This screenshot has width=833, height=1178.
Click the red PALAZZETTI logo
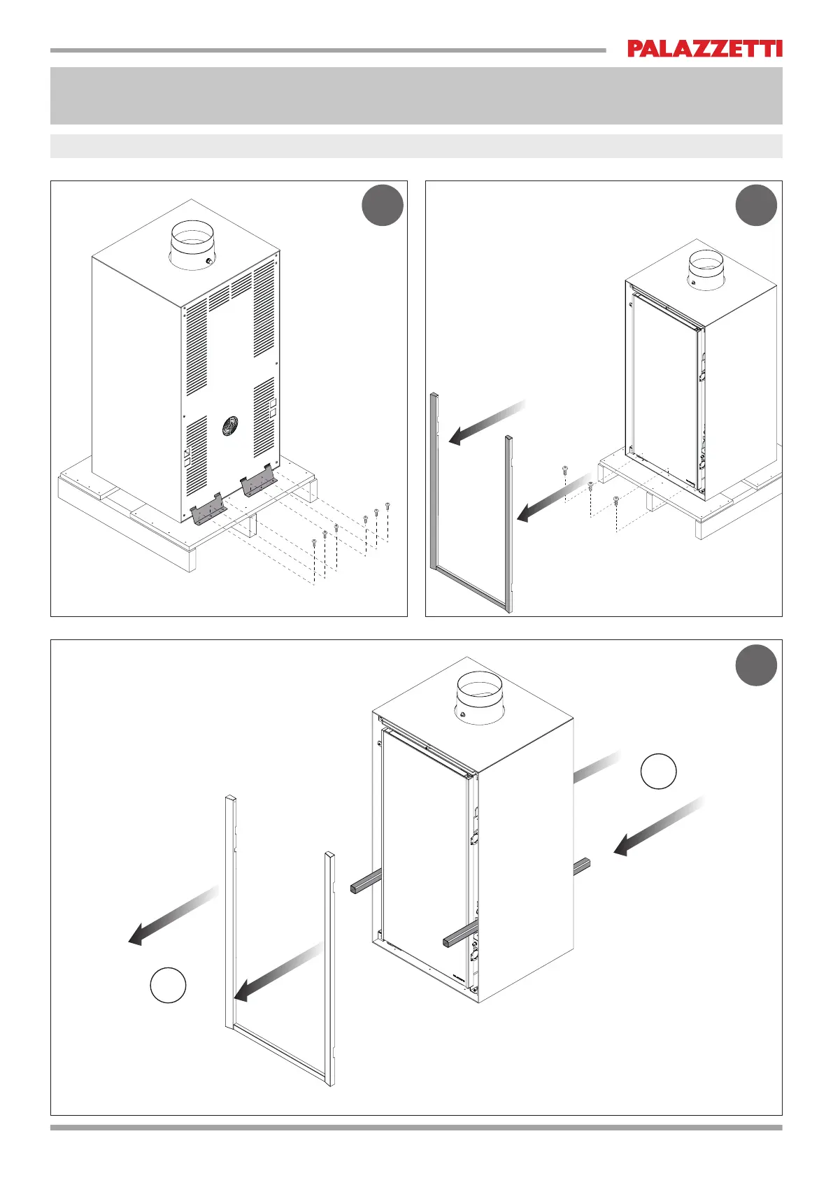pyautogui.click(x=705, y=48)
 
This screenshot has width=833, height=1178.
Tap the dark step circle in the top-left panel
pyautogui.click(x=383, y=205)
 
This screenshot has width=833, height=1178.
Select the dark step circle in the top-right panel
pyautogui.click(x=755, y=205)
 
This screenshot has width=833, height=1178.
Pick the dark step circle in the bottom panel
pyautogui.click(x=755, y=665)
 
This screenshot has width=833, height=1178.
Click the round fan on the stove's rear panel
pyautogui.click(x=230, y=425)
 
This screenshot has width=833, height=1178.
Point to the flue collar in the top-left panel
pyautogui.click(x=192, y=245)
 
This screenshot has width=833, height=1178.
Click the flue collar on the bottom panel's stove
pyautogui.click(x=480, y=698)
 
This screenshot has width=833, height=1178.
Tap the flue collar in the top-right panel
pyautogui.click(x=707, y=269)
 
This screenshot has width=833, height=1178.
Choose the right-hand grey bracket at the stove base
pyautogui.click(x=258, y=480)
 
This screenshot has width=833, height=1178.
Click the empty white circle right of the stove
pyautogui.click(x=658, y=771)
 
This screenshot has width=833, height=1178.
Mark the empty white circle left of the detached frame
pyautogui.click(x=168, y=985)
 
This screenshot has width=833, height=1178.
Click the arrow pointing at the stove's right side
pyautogui.click(x=658, y=825)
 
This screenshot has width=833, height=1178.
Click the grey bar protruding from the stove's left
pyautogui.click(x=366, y=881)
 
